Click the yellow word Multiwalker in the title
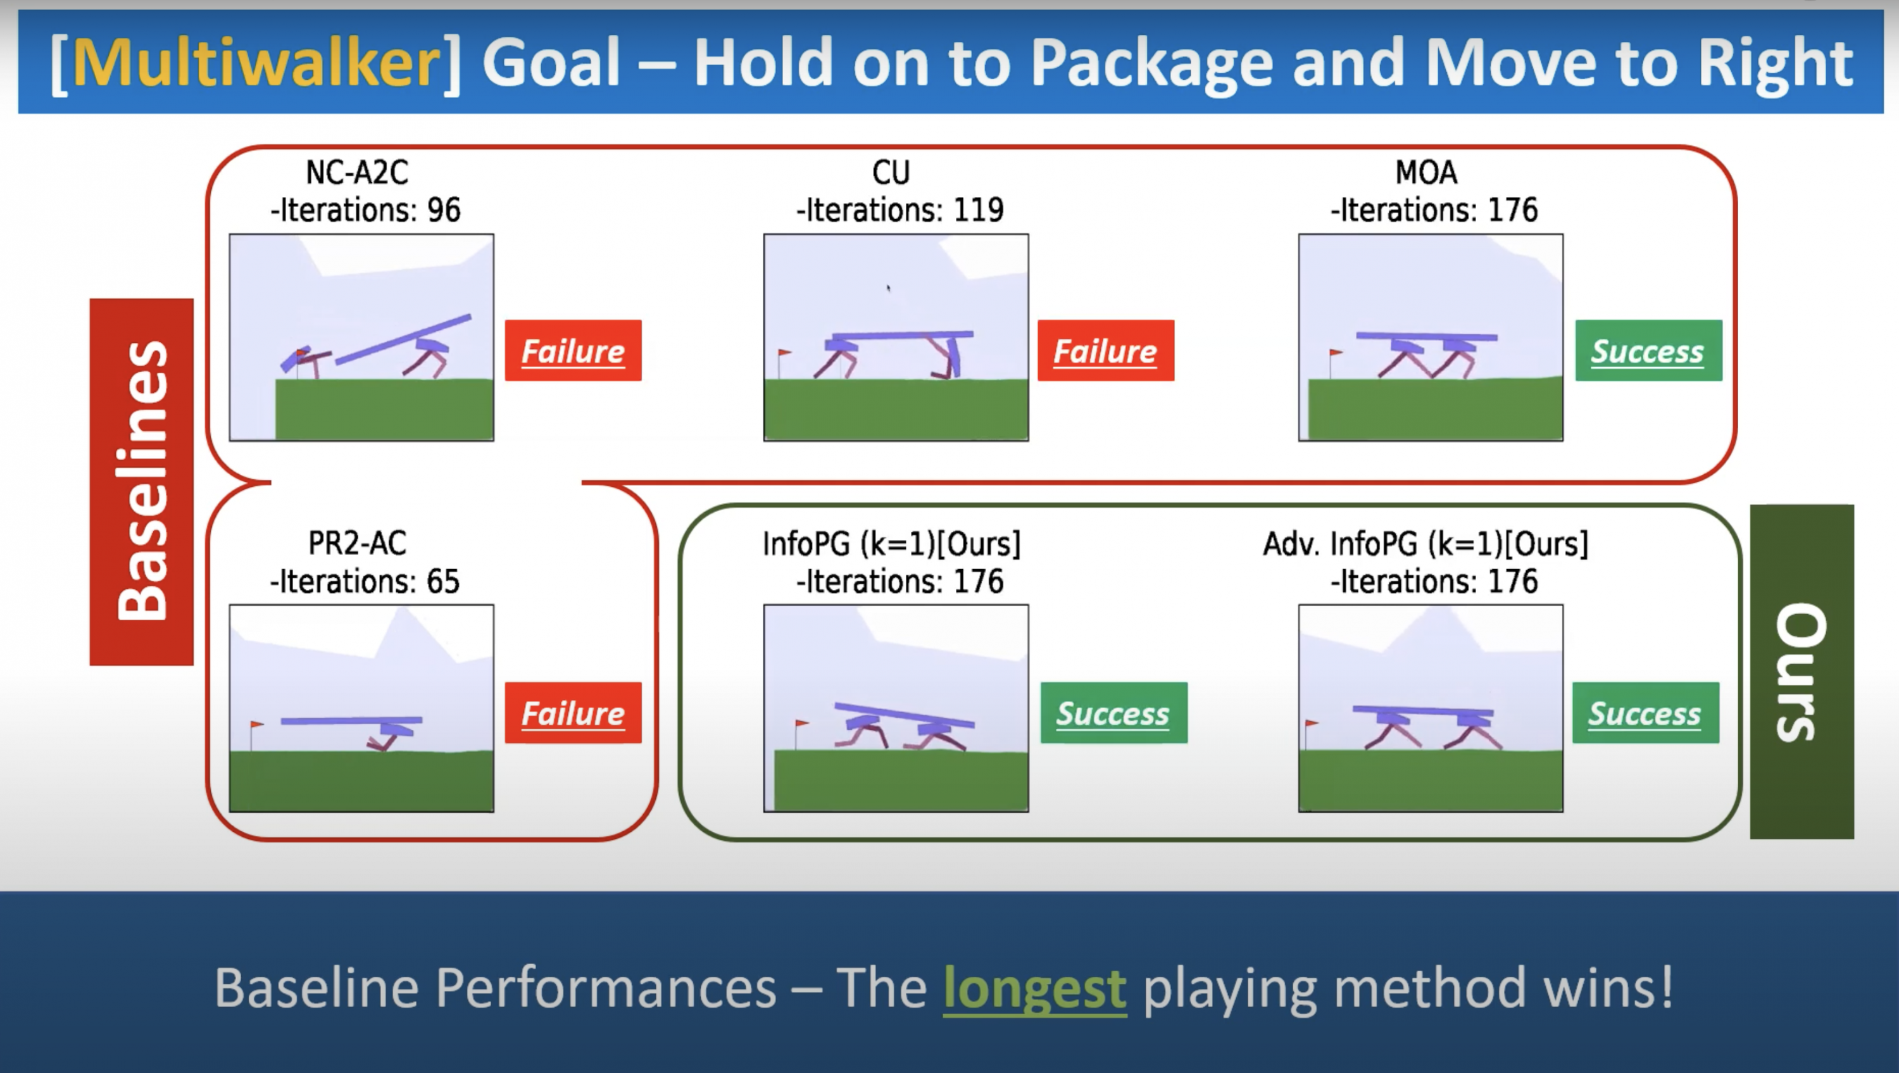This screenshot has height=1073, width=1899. (x=256, y=63)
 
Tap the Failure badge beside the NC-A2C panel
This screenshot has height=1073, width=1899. (x=573, y=350)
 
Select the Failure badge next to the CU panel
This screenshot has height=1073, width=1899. (x=1106, y=350)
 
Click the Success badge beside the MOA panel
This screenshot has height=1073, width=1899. (x=1648, y=350)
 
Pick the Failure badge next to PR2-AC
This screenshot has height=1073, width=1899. (x=573, y=712)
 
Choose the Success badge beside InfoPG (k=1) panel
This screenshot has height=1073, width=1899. (x=1114, y=712)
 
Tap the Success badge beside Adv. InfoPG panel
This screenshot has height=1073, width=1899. (x=1645, y=712)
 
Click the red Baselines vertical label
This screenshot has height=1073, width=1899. (x=142, y=482)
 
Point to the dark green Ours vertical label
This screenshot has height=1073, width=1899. (x=1802, y=671)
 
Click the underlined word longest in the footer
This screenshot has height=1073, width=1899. (x=1035, y=988)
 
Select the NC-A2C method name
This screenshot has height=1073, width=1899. (x=357, y=173)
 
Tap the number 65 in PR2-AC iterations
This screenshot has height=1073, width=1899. (x=443, y=582)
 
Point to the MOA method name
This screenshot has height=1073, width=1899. (x=1426, y=173)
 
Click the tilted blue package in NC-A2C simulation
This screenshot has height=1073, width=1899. (x=403, y=339)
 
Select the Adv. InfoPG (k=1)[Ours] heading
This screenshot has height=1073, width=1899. (x=1426, y=544)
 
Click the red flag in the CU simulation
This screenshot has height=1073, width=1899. (x=785, y=353)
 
